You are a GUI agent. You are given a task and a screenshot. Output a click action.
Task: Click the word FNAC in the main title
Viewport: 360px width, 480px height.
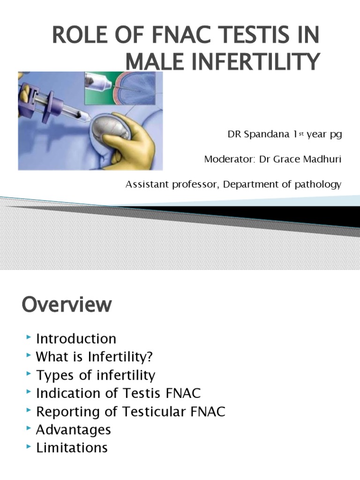(x=176, y=35)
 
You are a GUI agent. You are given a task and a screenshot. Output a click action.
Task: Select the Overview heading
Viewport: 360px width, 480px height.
(x=67, y=305)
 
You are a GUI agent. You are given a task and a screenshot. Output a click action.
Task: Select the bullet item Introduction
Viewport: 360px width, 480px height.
(x=76, y=338)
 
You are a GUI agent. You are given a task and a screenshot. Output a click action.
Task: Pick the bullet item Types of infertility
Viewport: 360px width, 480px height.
(x=96, y=375)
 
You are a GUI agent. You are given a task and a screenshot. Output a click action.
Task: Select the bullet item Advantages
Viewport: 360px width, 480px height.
(x=74, y=430)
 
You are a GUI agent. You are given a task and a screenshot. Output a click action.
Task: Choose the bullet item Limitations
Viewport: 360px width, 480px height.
(x=72, y=448)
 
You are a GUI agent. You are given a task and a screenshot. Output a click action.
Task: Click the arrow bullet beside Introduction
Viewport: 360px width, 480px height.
(x=29, y=337)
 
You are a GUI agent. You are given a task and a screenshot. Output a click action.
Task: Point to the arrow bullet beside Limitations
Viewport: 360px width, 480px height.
(x=29, y=446)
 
